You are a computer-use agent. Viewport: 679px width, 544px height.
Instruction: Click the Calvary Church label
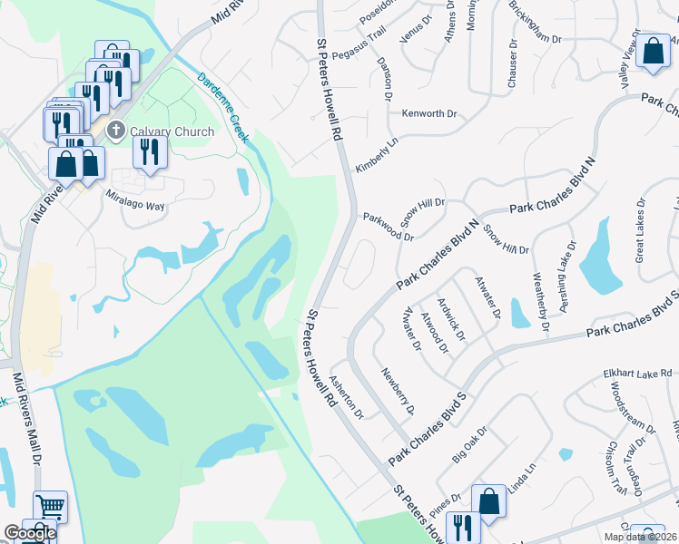click(172, 131)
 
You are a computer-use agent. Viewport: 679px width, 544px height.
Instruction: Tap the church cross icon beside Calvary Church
click(115, 131)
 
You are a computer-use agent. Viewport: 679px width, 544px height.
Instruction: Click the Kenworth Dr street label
click(428, 115)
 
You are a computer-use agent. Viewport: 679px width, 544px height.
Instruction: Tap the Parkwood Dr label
click(389, 227)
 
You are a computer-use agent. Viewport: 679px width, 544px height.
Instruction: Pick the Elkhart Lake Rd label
click(637, 374)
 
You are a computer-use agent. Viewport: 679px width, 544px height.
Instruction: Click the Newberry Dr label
click(399, 392)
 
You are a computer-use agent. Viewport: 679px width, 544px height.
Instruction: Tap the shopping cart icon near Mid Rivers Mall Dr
click(50, 507)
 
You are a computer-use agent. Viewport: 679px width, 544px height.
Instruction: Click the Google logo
click(30, 533)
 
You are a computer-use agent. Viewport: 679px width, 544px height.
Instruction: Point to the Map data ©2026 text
click(639, 537)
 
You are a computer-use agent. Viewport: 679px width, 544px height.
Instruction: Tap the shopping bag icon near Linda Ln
click(488, 501)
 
